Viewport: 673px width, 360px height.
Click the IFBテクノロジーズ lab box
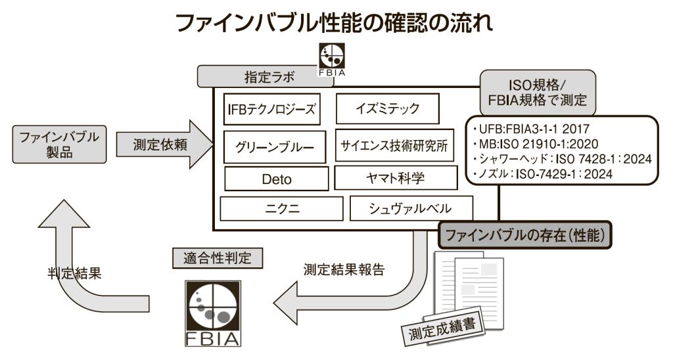pyautogui.click(x=267, y=109)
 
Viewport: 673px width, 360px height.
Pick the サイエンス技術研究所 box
pyautogui.click(x=394, y=146)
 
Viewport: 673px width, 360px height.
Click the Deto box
pyautogui.click(x=276, y=178)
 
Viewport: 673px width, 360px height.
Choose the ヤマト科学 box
pyautogui.click(x=394, y=177)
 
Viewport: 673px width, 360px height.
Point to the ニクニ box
pyautogui.click(x=278, y=209)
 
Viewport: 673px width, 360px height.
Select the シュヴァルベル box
pyautogui.click(x=411, y=209)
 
